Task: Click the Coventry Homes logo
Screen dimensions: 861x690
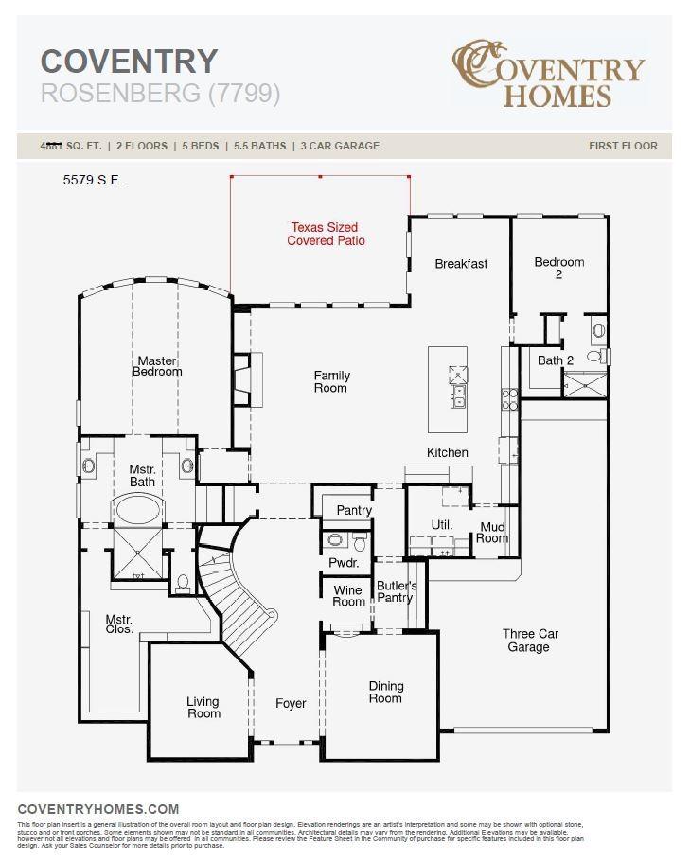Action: coord(548,74)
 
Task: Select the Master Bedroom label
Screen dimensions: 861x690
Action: coord(157,366)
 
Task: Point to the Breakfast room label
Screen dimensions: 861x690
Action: coord(461,264)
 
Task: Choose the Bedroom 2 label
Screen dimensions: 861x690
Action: coord(558,268)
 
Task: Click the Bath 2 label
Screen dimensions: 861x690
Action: coord(556,360)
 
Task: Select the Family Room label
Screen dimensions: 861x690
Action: coord(331,382)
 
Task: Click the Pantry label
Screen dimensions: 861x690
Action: coord(354,510)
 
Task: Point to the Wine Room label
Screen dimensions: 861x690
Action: coord(348,596)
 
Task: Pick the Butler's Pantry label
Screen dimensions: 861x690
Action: coord(396,591)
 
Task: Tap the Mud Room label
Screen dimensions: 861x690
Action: coord(492,533)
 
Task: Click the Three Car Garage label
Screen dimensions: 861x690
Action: coord(529,641)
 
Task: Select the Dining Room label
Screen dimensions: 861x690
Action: coord(385,693)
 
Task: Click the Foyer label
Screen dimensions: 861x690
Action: coord(291,703)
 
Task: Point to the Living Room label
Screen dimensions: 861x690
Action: coord(203,708)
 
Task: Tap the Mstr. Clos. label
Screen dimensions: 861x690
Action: coord(119,624)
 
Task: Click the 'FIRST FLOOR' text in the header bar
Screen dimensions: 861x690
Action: coord(623,146)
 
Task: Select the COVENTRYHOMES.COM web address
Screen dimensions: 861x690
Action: coord(98,809)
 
